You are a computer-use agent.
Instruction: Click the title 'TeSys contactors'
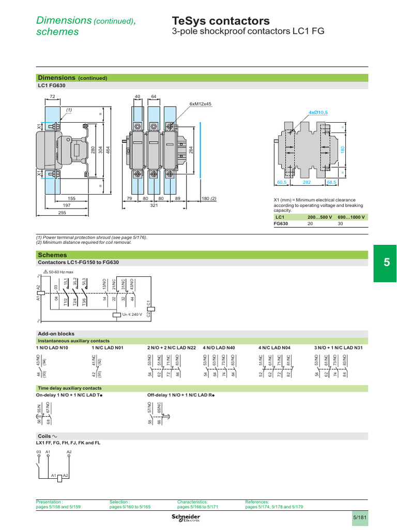pos(220,21)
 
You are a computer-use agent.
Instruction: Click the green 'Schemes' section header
pos(52,255)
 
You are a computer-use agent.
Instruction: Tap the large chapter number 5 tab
pos(385,263)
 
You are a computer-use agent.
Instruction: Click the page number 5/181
pos(360,517)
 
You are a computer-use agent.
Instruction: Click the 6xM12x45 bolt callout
pos(201,104)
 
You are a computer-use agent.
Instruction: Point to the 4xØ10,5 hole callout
pos(318,112)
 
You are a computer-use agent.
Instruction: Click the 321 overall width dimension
pos(153,205)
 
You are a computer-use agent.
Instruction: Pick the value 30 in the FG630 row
pos(340,224)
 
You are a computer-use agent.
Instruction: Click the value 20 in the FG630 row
pos(311,224)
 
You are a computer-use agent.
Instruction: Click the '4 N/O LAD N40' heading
pos(219,348)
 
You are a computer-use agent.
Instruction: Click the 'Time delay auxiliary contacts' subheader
pos(70,388)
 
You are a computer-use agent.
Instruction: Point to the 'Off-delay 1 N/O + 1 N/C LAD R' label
pos(180,395)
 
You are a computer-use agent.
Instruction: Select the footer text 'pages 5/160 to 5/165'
pos(130,507)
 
